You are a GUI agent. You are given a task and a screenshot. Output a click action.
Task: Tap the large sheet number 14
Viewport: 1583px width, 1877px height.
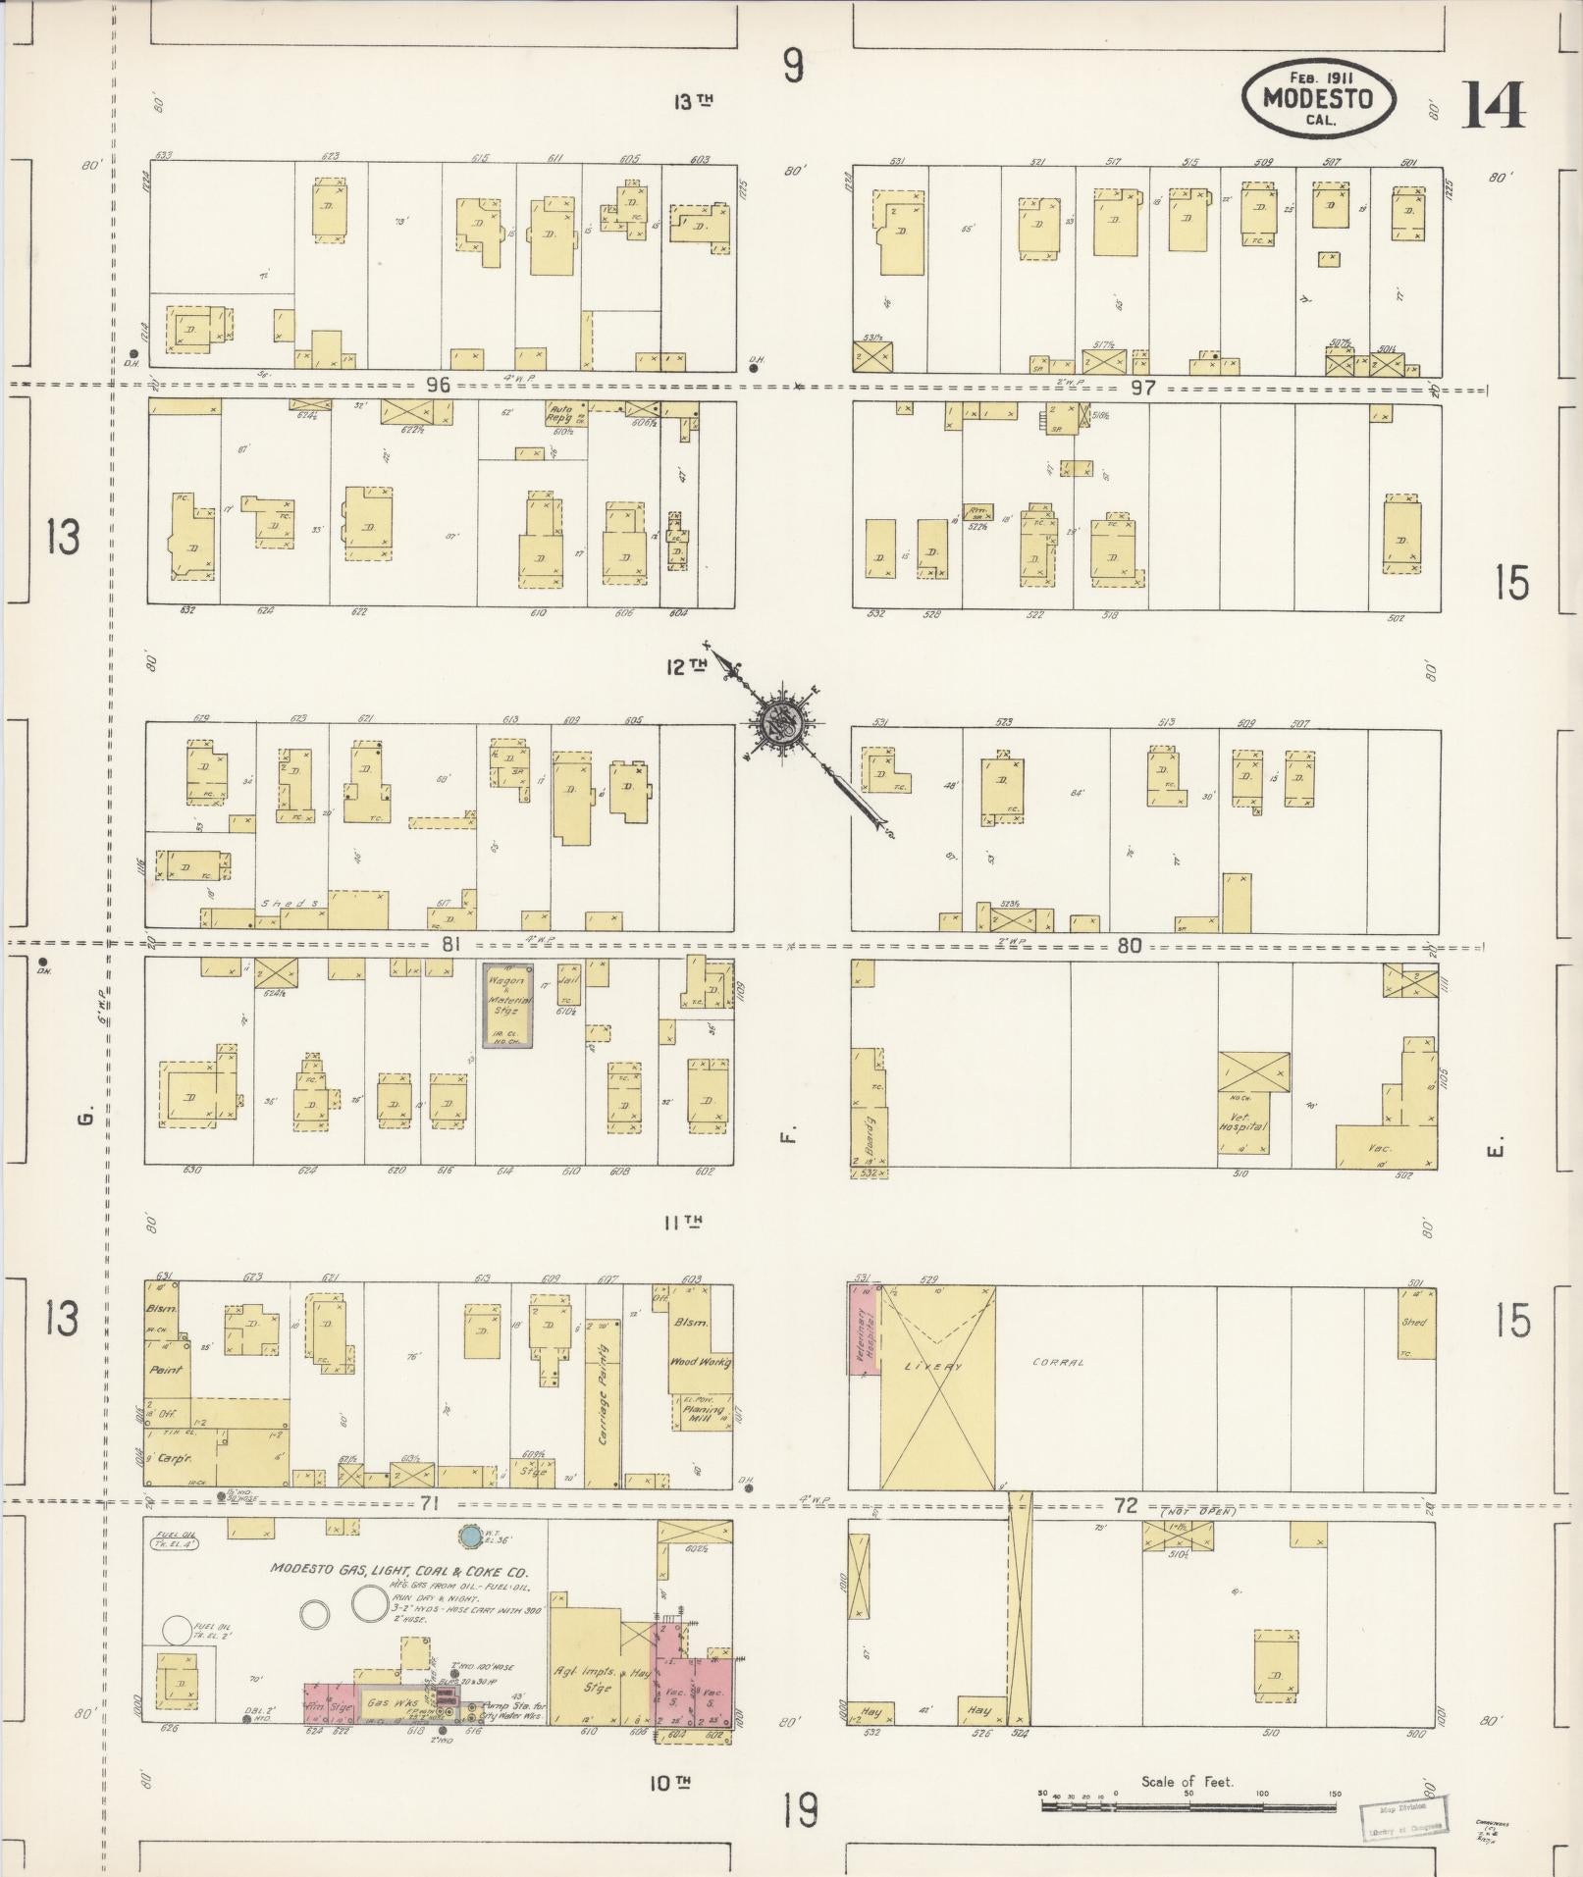pyautogui.click(x=1494, y=106)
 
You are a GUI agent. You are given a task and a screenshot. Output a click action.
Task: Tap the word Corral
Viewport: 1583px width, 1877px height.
pyautogui.click(x=1058, y=1363)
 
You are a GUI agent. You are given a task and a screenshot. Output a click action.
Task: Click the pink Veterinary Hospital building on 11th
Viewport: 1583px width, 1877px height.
pyautogui.click(x=864, y=1330)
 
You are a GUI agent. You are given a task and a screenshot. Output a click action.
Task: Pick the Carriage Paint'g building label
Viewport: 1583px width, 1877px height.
pyautogui.click(x=604, y=1397)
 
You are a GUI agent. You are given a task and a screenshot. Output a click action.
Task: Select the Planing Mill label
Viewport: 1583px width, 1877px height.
pyautogui.click(x=703, y=1414)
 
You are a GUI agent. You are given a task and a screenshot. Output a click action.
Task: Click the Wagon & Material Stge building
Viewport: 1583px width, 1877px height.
pyautogui.click(x=508, y=1005)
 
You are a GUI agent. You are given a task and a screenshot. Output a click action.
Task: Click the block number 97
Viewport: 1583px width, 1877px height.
pyautogui.click(x=1142, y=388)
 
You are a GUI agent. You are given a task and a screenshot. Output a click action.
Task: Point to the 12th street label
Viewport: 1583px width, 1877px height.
pyautogui.click(x=687, y=666)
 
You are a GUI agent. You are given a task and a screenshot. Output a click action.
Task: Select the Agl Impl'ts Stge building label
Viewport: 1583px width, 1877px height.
pyautogui.click(x=583, y=1680)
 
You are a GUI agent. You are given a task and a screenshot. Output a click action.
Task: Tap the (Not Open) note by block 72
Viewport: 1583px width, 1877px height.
pyautogui.click(x=1199, y=1512)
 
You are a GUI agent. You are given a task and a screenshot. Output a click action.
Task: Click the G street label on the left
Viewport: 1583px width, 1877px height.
pyautogui.click(x=85, y=1118)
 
